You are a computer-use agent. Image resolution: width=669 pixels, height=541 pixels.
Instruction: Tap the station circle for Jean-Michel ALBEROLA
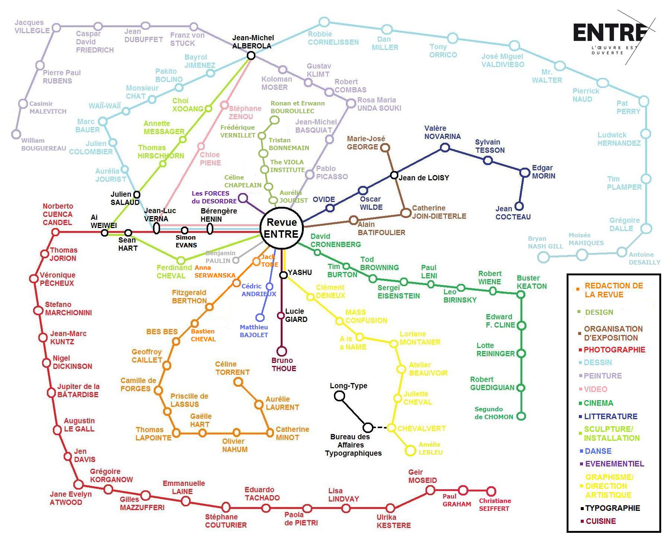(251, 56)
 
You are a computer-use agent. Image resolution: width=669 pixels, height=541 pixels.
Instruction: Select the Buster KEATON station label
(532, 282)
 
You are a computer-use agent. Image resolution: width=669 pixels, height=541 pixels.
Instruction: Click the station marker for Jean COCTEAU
(519, 206)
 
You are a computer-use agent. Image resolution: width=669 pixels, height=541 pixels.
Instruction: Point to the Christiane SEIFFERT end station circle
(491, 491)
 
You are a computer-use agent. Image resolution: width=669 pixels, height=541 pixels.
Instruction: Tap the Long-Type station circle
(339, 396)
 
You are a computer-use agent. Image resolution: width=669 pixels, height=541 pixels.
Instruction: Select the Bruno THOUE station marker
(282, 351)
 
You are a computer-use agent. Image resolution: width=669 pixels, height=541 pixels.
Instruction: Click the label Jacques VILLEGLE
(32, 26)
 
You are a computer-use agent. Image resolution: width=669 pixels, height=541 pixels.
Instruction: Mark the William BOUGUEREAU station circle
(16, 134)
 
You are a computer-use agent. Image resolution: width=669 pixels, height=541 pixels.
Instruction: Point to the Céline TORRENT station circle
(238, 382)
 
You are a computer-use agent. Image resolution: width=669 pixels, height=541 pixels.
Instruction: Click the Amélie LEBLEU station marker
(410, 450)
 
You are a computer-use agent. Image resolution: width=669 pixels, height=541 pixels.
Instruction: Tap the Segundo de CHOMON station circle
(521, 416)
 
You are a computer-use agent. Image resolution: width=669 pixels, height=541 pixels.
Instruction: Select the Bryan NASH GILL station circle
(544, 257)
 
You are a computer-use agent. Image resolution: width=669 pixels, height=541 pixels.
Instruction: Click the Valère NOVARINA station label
(442, 132)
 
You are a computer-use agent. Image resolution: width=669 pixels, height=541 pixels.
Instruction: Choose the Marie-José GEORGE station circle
(386, 148)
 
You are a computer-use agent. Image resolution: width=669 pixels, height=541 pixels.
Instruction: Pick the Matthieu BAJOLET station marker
(260, 317)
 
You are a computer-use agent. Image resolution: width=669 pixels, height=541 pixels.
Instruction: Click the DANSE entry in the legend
(595, 451)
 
